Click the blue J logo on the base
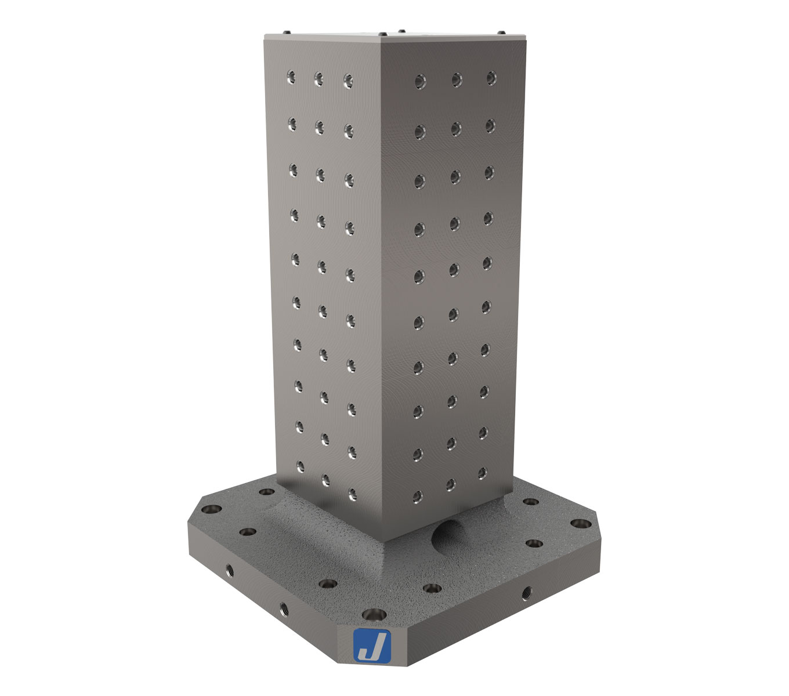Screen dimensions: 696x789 click(x=372, y=646)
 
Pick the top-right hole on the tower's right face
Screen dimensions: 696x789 click(x=491, y=77)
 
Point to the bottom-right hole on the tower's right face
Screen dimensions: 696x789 click(x=482, y=473)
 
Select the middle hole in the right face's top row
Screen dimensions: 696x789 click(x=456, y=79)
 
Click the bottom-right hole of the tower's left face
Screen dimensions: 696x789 click(x=352, y=494)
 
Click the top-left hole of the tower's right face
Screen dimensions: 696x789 click(x=418, y=81)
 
